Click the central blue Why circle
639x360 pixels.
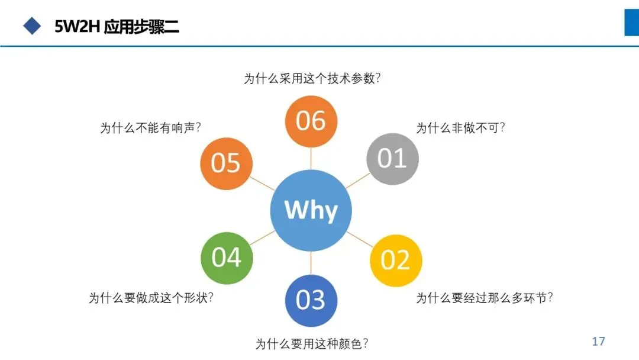[311, 210]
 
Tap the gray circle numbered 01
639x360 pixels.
[392, 158]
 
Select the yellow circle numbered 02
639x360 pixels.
[396, 260]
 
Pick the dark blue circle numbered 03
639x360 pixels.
[311, 300]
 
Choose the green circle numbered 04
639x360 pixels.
[227, 258]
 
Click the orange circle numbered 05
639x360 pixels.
[226, 163]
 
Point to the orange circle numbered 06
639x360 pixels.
[311, 121]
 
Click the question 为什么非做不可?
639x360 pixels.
[460, 128]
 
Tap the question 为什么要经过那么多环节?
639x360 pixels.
[484, 298]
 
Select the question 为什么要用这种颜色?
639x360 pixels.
[312, 343]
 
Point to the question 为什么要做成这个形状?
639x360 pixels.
[151, 298]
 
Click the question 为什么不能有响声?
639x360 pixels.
[150, 128]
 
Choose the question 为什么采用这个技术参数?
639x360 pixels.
[311, 78]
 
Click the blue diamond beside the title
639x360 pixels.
[31, 25]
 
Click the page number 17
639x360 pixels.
[598, 341]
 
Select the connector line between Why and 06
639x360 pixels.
[311, 158]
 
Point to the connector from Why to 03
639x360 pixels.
[311, 263]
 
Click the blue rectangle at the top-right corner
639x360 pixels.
[631, 22]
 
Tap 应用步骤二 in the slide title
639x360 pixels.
[141, 27]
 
